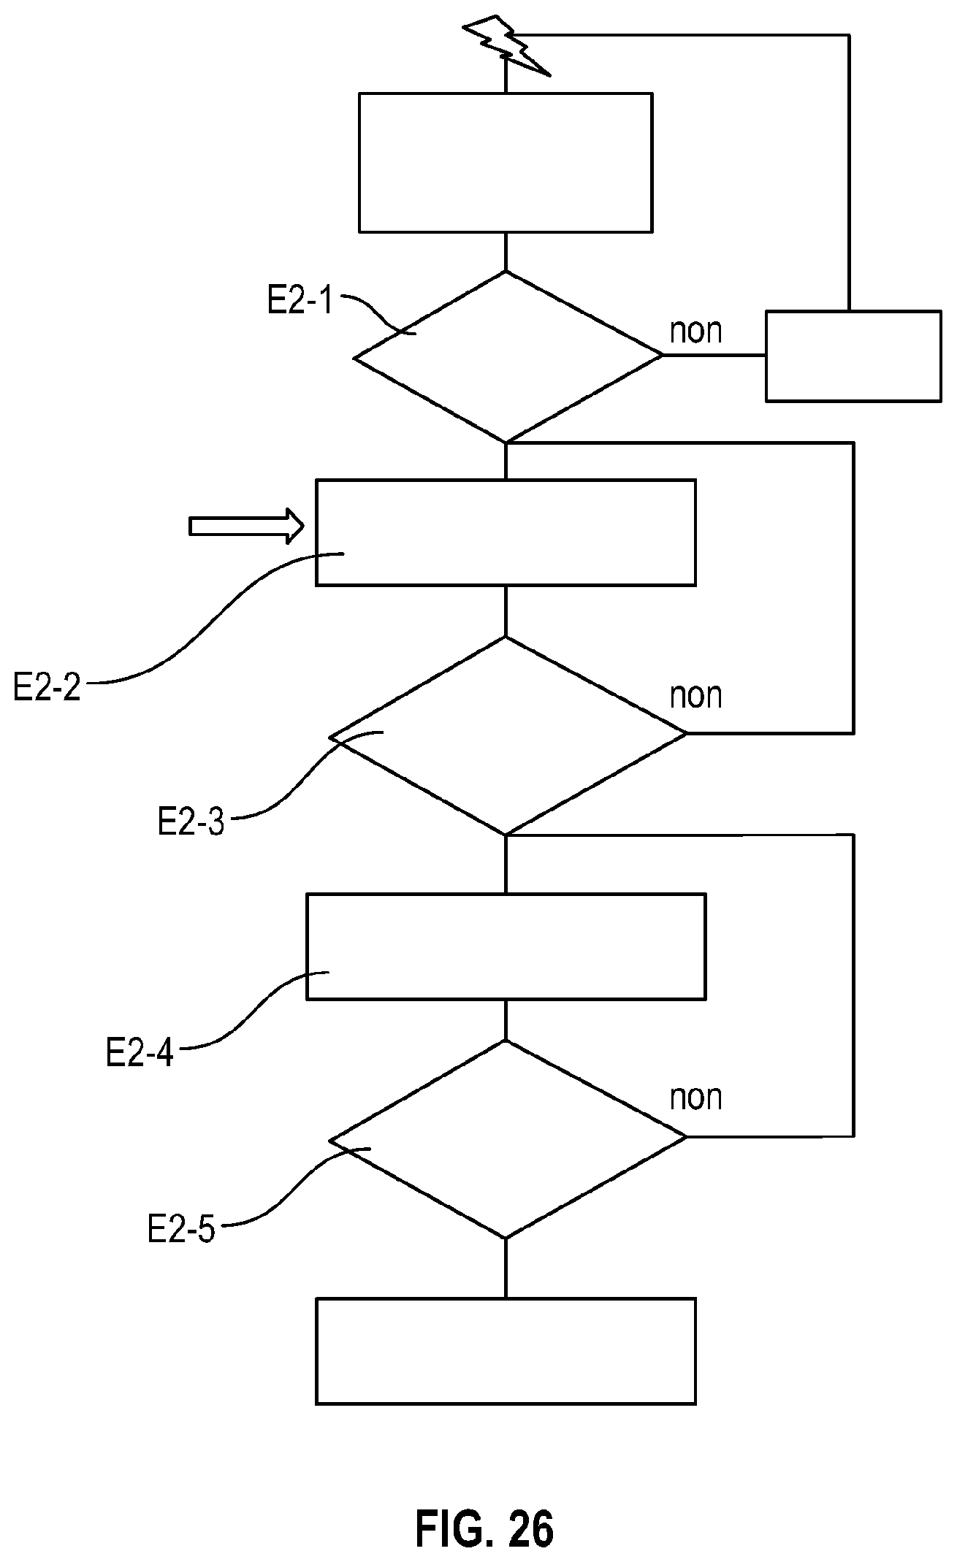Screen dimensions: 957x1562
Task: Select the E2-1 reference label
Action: click(x=300, y=300)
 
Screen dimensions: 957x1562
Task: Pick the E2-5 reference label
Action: click(x=180, y=1229)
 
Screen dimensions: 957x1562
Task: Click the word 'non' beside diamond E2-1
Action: click(x=696, y=332)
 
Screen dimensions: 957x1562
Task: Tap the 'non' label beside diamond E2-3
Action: click(x=696, y=696)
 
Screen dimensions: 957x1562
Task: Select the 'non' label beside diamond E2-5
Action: click(x=696, y=1098)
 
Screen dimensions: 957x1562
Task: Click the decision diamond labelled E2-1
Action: click(x=508, y=356)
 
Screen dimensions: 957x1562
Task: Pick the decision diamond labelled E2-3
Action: click(x=508, y=735)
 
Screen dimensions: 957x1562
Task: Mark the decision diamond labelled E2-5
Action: click(x=508, y=1139)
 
